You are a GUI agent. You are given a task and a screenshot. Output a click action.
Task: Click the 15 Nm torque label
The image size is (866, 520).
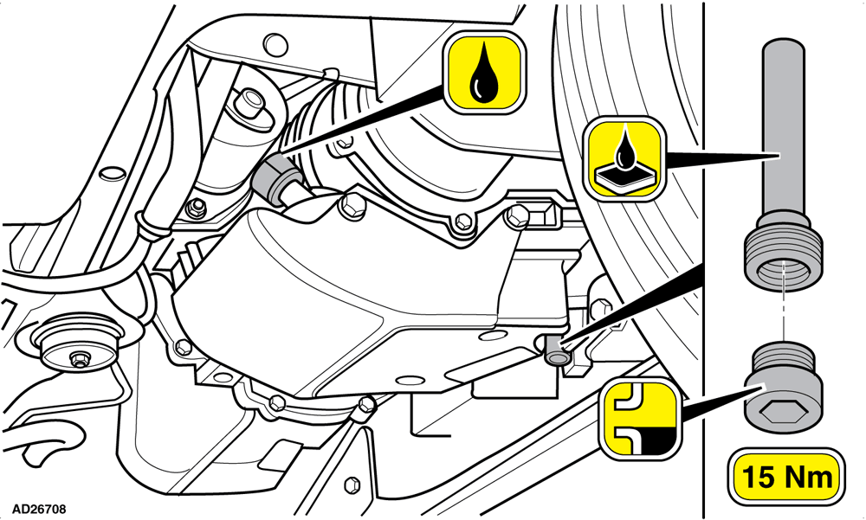click(786, 477)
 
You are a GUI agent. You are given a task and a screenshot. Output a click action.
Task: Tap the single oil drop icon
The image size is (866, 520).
click(483, 73)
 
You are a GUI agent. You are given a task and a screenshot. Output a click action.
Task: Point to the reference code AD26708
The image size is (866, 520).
click(39, 508)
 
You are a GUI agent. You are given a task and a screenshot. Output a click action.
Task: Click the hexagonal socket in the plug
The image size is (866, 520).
click(779, 412)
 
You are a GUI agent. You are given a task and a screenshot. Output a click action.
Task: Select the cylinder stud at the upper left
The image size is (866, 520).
click(249, 101)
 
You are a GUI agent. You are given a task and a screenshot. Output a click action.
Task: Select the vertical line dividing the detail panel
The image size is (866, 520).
click(703, 260)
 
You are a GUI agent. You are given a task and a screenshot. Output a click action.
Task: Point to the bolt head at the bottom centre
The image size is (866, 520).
click(365, 408)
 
